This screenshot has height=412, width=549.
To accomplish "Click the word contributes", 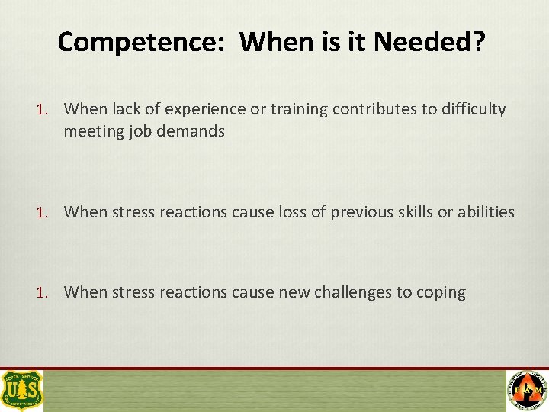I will pos(368,109).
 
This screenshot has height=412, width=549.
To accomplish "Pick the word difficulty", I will pos(472,109).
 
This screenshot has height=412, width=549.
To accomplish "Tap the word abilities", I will pos(486,212).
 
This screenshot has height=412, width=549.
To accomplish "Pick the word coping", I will pos(441,292).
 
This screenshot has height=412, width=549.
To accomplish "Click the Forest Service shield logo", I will pos(22,390).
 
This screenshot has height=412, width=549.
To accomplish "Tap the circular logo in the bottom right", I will pos(527,390).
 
